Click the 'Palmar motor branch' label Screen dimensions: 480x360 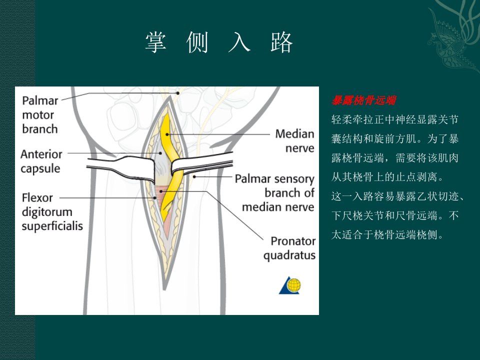point(40,115)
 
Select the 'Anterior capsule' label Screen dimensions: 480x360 point(41,161)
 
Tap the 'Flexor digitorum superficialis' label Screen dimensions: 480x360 point(52,212)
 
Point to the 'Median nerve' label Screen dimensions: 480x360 point(295,141)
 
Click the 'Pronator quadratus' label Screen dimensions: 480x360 point(289,248)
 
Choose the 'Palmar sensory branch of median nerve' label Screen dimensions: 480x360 point(274,193)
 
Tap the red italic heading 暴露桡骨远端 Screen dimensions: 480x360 point(363,100)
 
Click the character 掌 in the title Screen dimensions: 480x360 point(156,42)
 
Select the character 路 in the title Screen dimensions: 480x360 point(281,42)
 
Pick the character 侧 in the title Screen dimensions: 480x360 point(197,42)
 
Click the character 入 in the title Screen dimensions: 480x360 point(239,42)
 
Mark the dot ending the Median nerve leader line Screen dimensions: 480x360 point(167,134)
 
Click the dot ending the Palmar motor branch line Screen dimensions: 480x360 point(177,93)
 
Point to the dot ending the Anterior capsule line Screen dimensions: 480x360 point(160,153)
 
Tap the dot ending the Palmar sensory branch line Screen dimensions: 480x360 point(194,176)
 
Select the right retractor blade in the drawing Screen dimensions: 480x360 point(201,164)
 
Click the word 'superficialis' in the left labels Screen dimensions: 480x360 point(52,226)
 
